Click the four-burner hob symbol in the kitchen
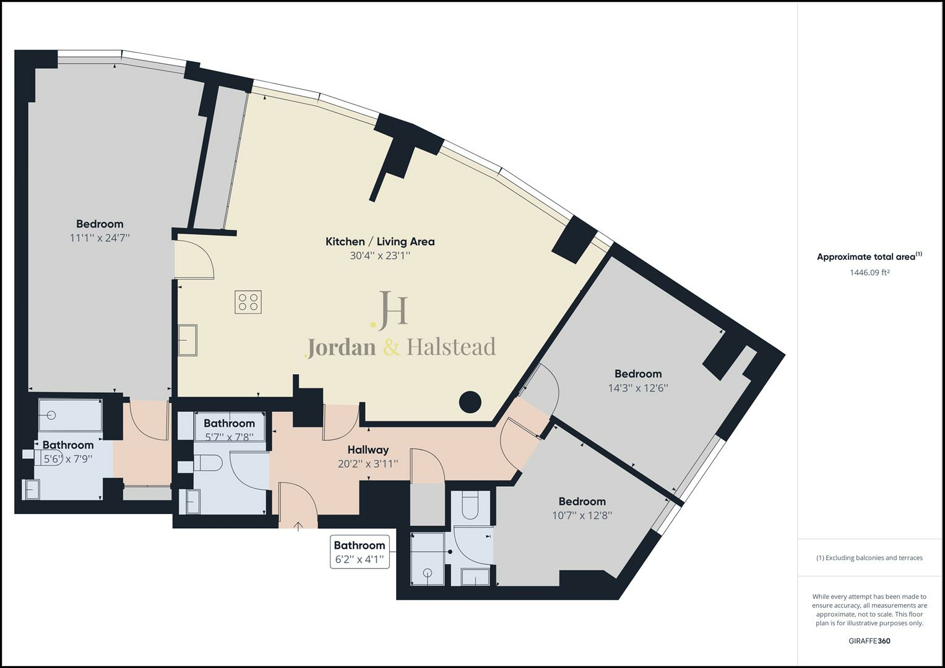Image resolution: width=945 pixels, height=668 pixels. coord(248,302)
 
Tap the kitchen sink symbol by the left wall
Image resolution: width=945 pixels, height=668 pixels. coord(188,340)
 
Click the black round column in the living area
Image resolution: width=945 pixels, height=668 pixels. coord(470,403)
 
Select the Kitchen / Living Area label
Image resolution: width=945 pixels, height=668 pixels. coord(380,242)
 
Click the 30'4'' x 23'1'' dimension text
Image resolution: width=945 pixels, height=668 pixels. coord(380,255)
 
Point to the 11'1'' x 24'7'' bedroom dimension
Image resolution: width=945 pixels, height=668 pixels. coord(100,238)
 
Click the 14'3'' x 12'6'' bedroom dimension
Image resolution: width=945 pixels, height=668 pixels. coord(638,388)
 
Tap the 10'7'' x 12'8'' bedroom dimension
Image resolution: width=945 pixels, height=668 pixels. coord(582,515)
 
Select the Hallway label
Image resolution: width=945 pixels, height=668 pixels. coord(368,450)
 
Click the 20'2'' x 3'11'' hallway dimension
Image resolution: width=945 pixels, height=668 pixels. coord(368,463)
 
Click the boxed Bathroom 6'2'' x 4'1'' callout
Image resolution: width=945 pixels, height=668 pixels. coord(360,552)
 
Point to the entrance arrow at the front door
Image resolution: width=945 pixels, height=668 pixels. coord(298,526)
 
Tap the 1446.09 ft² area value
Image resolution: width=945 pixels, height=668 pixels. coord(869,272)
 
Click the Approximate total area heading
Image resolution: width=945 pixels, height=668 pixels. coord(866,257)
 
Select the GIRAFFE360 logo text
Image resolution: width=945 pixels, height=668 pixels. coord(869,641)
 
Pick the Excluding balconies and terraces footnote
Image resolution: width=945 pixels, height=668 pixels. coord(869,558)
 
